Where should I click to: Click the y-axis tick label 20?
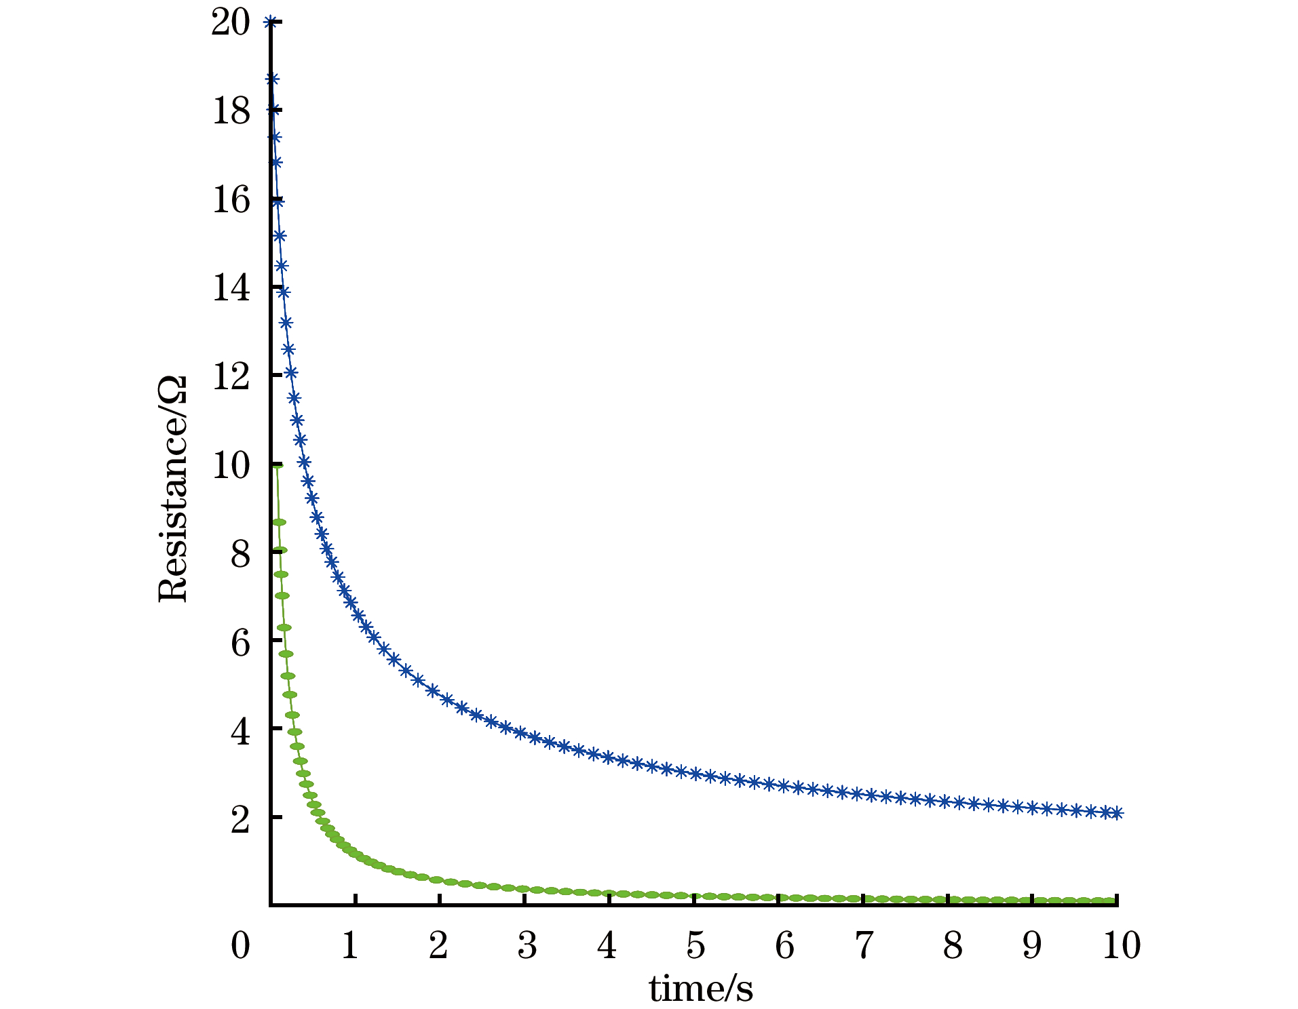(231, 22)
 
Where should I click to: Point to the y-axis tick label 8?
(240, 554)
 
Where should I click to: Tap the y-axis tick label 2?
(240, 819)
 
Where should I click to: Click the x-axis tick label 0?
(240, 945)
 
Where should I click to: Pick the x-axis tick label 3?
(527, 945)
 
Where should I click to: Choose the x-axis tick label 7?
(864, 945)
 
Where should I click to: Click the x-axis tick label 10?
(1121, 945)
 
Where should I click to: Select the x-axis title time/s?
(701, 989)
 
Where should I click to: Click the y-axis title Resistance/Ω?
(172, 488)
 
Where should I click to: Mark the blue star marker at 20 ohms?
(271, 22)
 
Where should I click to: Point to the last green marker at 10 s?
(1111, 901)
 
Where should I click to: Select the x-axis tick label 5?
(695, 945)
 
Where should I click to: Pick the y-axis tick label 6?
(240, 642)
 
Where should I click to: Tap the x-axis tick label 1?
(350, 945)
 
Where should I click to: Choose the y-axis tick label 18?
(231, 111)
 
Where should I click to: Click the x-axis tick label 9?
(1032, 945)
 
